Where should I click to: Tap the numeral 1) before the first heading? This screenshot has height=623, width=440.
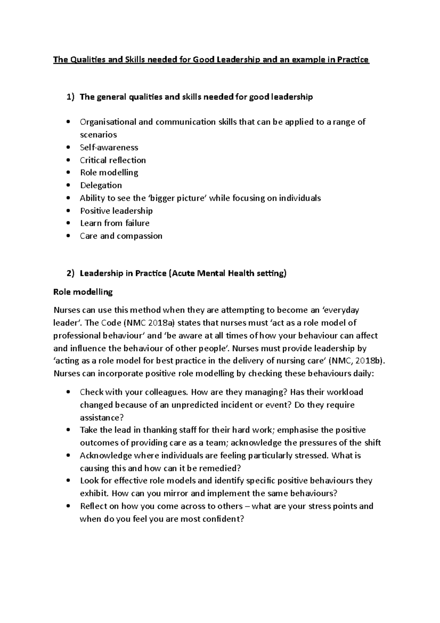coord(70,97)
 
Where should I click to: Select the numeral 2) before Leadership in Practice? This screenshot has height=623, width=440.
coord(70,273)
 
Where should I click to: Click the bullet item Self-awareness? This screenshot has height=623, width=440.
coord(109,147)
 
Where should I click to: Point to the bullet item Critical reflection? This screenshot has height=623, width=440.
coord(113,160)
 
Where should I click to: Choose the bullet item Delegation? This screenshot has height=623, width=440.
coord(101,185)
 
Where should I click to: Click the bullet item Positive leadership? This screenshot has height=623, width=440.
coord(116,211)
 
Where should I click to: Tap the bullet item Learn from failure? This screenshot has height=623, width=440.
coord(115,223)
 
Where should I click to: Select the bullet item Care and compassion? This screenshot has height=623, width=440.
coord(121,236)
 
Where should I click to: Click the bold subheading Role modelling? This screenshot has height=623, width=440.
coord(83,292)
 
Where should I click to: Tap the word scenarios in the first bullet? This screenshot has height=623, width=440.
coord(98,135)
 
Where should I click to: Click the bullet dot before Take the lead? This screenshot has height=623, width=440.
coord(69,430)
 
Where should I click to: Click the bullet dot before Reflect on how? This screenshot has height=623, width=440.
coord(69,506)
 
